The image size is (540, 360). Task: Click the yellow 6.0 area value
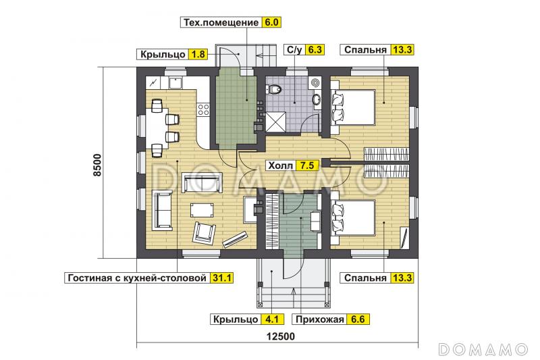[271, 22]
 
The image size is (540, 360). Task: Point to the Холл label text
[281, 165]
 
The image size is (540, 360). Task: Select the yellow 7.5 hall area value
[308, 165]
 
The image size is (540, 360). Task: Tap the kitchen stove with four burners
[204, 109]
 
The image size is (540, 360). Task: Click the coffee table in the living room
[202, 209]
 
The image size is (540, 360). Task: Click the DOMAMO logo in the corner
[483, 349]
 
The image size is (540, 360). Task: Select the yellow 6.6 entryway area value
[358, 319]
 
